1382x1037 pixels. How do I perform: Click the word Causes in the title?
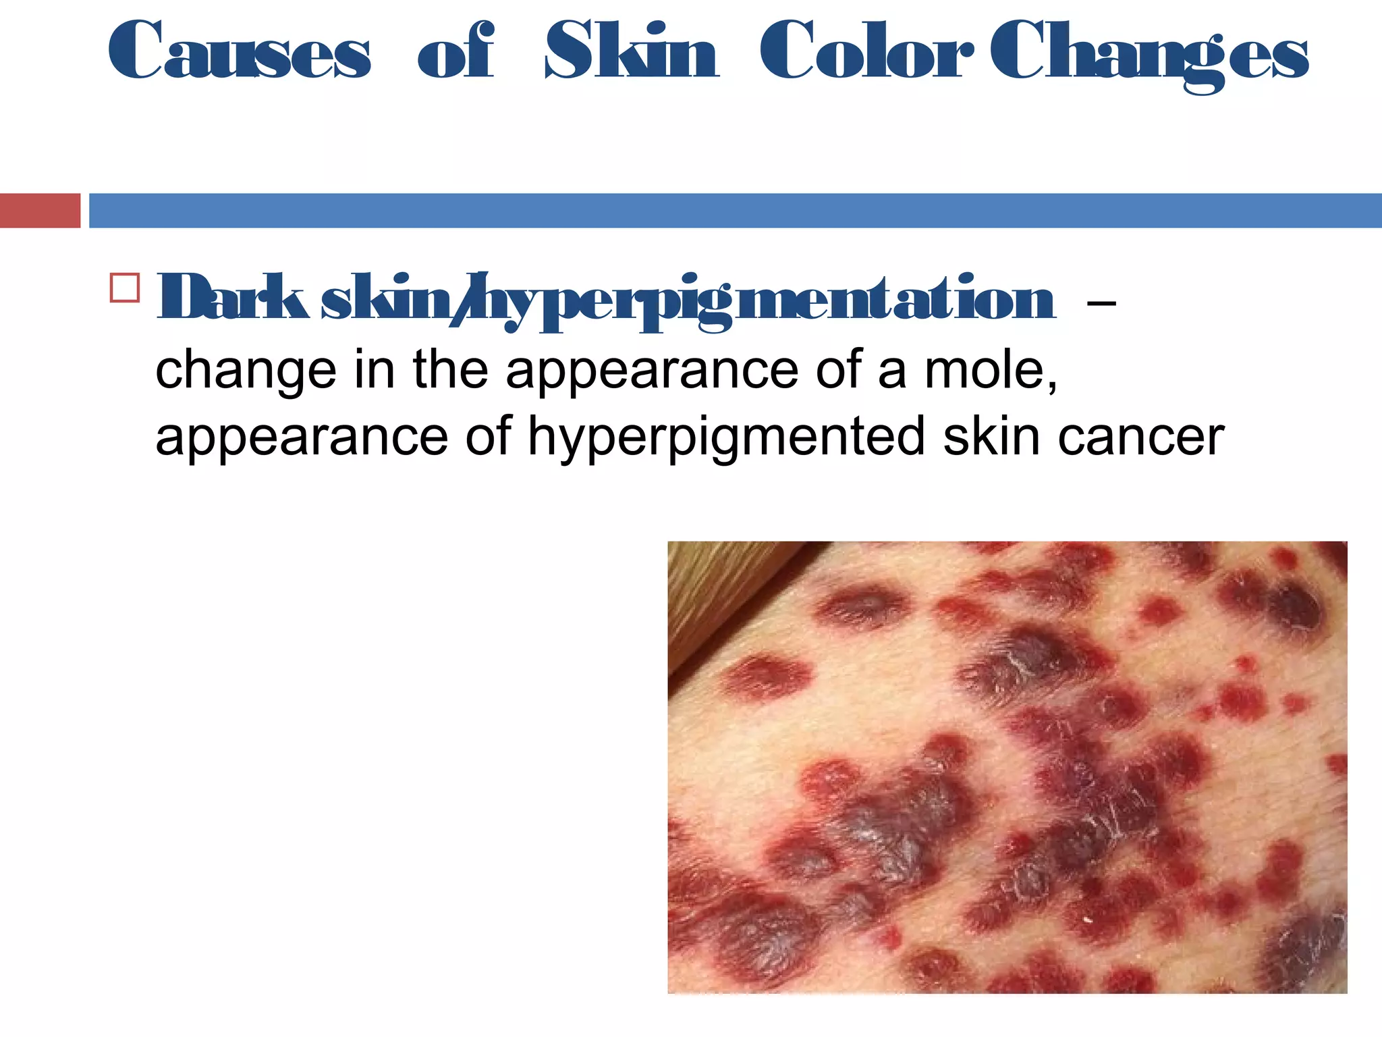240,51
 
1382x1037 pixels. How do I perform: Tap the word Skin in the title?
632,51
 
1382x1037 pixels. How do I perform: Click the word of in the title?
456,51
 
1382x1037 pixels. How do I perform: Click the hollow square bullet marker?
125,288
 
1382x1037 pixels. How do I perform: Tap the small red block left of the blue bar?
40,211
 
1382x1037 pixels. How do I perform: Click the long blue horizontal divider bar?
735,211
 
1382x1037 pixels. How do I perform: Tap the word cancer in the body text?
1141,437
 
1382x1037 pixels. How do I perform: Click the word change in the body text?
246,372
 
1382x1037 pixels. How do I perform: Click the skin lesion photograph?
1007,767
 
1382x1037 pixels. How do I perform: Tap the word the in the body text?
450,371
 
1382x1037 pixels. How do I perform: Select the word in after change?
374,371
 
